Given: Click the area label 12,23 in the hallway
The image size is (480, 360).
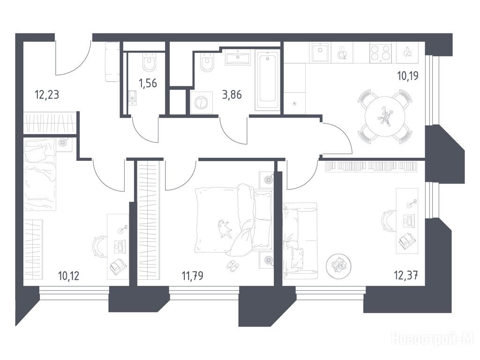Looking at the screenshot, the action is tap(47, 95).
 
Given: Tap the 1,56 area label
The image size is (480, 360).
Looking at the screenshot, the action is tap(148, 83).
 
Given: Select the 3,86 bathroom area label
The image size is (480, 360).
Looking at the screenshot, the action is tap(232, 95).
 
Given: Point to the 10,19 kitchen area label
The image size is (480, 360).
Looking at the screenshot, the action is tap(408, 75).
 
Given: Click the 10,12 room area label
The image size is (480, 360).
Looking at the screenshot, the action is tap(68, 276).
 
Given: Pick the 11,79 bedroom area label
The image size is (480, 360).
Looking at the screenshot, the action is tap(192, 276).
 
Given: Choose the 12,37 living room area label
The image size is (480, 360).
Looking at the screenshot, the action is tap(406, 276).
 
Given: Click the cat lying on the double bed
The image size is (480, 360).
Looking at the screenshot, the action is tap(225, 228).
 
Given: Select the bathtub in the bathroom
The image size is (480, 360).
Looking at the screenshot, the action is tap(268, 81).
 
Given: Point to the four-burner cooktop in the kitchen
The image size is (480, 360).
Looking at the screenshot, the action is tap(381, 52).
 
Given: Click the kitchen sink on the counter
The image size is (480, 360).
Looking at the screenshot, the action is tap(320, 52).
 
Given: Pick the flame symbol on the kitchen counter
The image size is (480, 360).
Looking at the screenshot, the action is tap(407, 52).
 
